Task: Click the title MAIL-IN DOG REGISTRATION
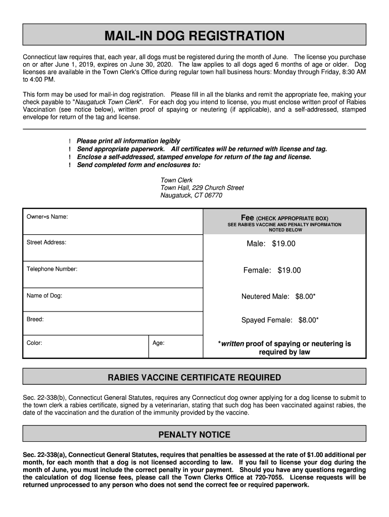194,36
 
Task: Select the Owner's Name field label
47,217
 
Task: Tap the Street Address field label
46,242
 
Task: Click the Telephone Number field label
52,269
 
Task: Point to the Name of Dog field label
44,296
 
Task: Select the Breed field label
35,320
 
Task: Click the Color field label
34,343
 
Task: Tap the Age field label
159,343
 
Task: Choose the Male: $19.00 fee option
271,244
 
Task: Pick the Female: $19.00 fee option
272,271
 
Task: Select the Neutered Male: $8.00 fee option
278,296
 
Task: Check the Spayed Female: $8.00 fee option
280,320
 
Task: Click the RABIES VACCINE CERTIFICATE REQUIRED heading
194,378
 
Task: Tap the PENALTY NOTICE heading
194,435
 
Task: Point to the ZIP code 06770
213,195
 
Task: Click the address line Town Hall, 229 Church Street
202,188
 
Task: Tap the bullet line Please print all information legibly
128,141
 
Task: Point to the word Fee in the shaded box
247,218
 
